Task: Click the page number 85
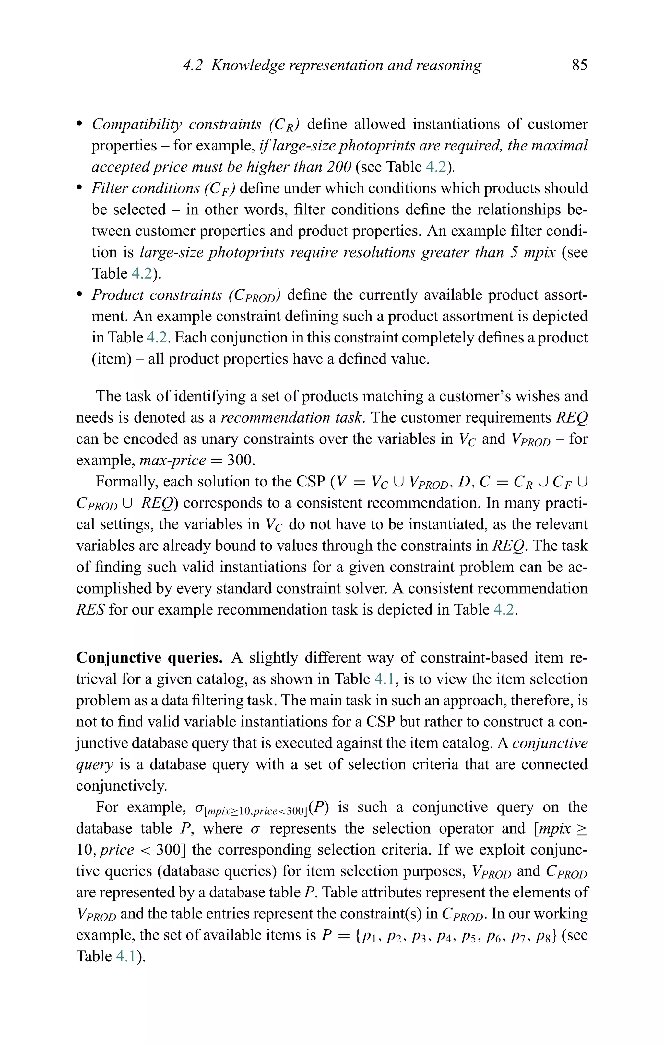[x=579, y=65]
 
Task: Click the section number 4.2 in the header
[x=193, y=65]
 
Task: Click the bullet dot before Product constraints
[x=79, y=295]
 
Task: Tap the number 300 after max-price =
[x=240, y=460]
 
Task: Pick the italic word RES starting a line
[x=90, y=610]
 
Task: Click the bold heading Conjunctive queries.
[x=149, y=658]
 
